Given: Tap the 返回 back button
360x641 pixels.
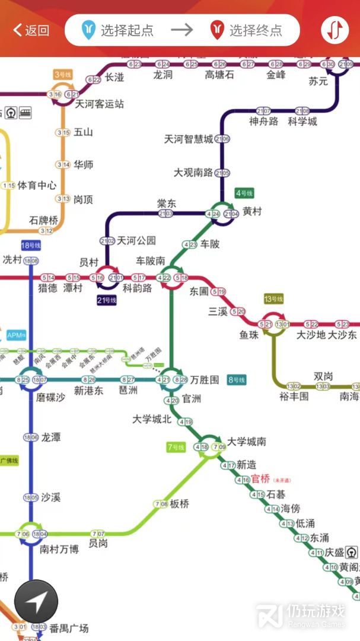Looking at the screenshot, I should coord(31,30).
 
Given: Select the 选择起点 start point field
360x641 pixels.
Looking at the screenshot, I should coord(119,30).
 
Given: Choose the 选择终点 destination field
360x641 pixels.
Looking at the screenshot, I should coord(248,30).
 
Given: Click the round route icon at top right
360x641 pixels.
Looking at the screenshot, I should coord(335,30).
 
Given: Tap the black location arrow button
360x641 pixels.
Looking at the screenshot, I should coord(36,602).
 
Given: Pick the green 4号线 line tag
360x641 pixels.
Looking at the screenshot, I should coord(244,193).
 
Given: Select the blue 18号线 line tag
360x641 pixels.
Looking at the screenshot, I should coord(31,245).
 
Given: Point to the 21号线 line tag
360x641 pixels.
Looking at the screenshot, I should coord(107,300).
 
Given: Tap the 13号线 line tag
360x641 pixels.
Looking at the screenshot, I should coord(274,299).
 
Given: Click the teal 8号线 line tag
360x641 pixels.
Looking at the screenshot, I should coord(237,380).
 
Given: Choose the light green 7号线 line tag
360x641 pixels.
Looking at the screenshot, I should coord(176,448).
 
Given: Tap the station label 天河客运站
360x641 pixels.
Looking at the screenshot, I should coord(99,104).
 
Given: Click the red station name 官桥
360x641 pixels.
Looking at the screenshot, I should coord(260,478).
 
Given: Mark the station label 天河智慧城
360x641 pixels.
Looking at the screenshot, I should coord(188,139).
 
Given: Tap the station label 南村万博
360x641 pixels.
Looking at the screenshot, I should coord(59,549).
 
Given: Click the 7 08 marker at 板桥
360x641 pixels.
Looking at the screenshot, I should coord(161,504).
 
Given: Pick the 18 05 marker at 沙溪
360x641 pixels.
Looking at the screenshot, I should coord(31,497).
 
